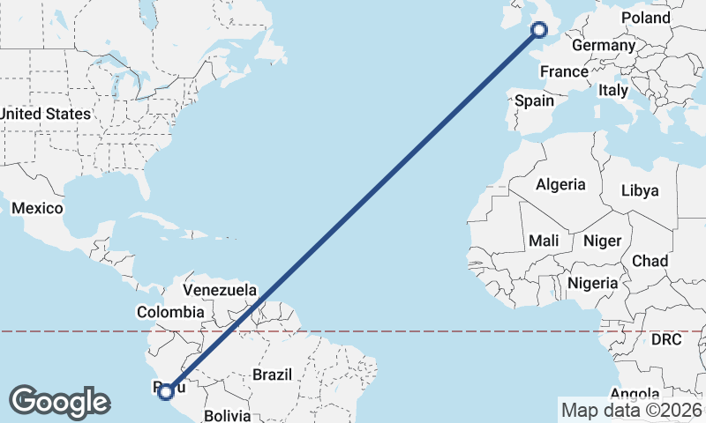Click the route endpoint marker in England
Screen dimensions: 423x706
tap(538, 31)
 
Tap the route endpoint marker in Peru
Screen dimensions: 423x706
tap(165, 391)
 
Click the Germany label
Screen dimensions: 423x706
tap(604, 46)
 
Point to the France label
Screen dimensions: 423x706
tap(564, 72)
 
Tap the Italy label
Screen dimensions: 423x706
tap(612, 90)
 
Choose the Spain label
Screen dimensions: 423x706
tap(535, 100)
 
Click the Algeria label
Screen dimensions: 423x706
tap(560, 185)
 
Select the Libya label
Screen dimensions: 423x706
tap(640, 190)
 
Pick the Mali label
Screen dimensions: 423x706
tap(544, 241)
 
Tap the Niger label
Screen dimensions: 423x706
tap(603, 241)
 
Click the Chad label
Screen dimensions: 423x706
tap(650, 261)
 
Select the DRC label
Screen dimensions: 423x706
tap(666, 339)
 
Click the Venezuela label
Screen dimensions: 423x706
tap(220, 290)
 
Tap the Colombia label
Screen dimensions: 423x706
tap(170, 312)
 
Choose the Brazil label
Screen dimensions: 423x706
tap(272, 375)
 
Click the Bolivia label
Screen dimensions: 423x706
tap(227, 415)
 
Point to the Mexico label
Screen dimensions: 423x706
tap(37, 209)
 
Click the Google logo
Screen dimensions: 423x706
tap(59, 402)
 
